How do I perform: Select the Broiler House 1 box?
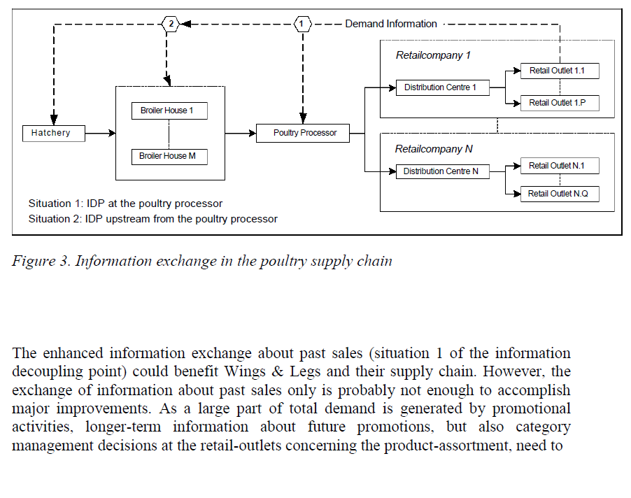tap(169, 111)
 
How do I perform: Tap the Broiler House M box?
tap(169, 156)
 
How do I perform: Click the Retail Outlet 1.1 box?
tap(560, 71)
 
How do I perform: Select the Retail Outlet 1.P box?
tap(560, 103)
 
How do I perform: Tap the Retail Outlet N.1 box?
tap(560, 166)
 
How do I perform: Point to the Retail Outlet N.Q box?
tap(560, 194)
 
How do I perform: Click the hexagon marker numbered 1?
tap(302, 24)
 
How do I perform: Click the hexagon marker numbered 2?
tap(170, 24)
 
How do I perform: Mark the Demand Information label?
tap(390, 24)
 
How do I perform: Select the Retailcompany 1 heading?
tap(429, 55)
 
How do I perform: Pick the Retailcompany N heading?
tap(429, 149)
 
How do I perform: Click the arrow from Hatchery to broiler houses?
tap(99, 133)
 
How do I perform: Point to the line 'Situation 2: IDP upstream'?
tap(153, 219)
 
